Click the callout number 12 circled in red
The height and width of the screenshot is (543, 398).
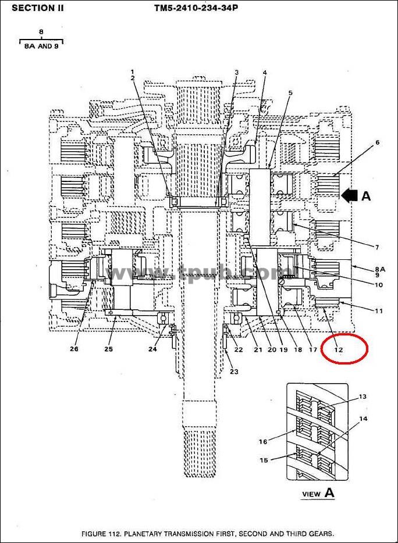339,349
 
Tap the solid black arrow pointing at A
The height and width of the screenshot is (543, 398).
350,195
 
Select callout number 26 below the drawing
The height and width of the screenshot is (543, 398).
74,349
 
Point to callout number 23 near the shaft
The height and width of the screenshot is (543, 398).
234,371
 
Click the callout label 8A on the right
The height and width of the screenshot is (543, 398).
380,269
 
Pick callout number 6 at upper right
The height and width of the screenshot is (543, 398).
378,142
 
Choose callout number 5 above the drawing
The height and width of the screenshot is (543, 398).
290,92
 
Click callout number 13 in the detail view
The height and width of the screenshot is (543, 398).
363,396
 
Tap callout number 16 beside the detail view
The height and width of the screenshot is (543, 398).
263,441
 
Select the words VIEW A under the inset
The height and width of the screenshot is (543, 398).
318,492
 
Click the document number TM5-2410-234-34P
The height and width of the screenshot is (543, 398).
196,8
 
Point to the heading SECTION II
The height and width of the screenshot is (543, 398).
37,8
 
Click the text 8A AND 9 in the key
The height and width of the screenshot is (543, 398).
41,46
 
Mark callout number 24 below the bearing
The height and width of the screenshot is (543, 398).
152,349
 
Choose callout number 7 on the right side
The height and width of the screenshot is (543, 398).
377,247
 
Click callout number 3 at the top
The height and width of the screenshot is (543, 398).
237,72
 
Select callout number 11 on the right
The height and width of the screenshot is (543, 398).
379,310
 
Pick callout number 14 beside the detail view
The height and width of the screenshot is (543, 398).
363,419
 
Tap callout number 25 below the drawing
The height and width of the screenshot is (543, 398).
108,349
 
